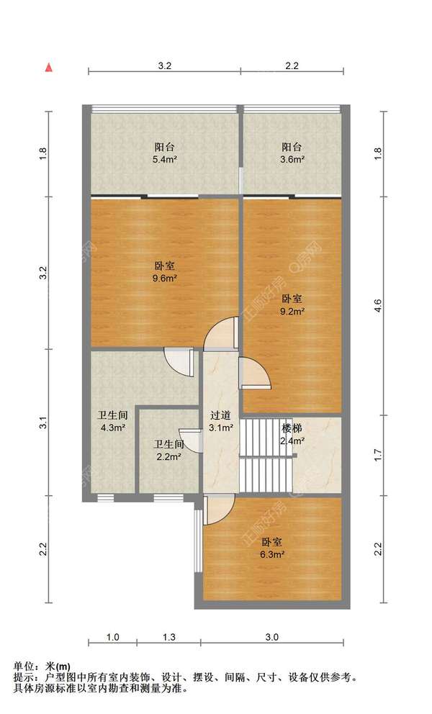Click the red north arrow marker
pos(48,68)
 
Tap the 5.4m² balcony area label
pos(164,153)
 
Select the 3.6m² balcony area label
pos(292,153)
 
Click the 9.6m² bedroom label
pos(164,272)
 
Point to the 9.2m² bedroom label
pos(292,305)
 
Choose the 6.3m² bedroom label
pos(272,548)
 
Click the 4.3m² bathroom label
pos(112,421)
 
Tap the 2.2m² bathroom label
pos(168,451)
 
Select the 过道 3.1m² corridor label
pos(221,421)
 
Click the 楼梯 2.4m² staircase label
pos(292,435)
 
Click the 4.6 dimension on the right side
pos(377,306)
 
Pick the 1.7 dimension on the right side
pos(377,455)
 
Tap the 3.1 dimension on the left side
pos(43,423)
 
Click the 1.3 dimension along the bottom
pos(168,637)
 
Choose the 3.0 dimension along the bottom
pos(271,637)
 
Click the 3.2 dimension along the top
pos(164,65)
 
